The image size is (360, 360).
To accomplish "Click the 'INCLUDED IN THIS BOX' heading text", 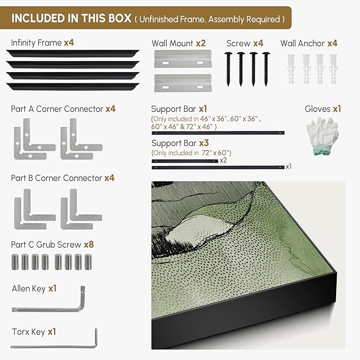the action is pos(72,19).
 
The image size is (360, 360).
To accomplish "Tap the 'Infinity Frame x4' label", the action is pos(42,43).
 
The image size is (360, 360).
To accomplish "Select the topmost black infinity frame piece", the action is pos(73,53).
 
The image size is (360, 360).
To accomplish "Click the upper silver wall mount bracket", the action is pos(183,59).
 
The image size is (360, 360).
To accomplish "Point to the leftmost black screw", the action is pos(228,69).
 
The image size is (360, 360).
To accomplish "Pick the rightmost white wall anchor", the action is pos(333,69).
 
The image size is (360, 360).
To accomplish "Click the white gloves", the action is pos(322,136).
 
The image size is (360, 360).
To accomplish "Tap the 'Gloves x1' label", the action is pos(323,109).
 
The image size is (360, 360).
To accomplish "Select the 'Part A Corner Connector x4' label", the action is pos(63,109).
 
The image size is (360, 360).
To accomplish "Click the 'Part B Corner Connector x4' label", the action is pos(63,178).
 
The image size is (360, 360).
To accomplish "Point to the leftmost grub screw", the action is pos(15,262).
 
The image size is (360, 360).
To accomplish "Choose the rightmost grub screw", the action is pos(89,262).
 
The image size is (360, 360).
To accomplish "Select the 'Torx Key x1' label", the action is pos(34,332).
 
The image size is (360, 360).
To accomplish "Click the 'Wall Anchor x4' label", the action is pos(309,43).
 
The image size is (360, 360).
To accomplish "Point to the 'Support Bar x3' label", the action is pos(180,143).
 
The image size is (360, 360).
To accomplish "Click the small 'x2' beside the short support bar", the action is pos(223,160).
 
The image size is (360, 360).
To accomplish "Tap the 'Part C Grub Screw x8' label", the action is pos(52,244).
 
